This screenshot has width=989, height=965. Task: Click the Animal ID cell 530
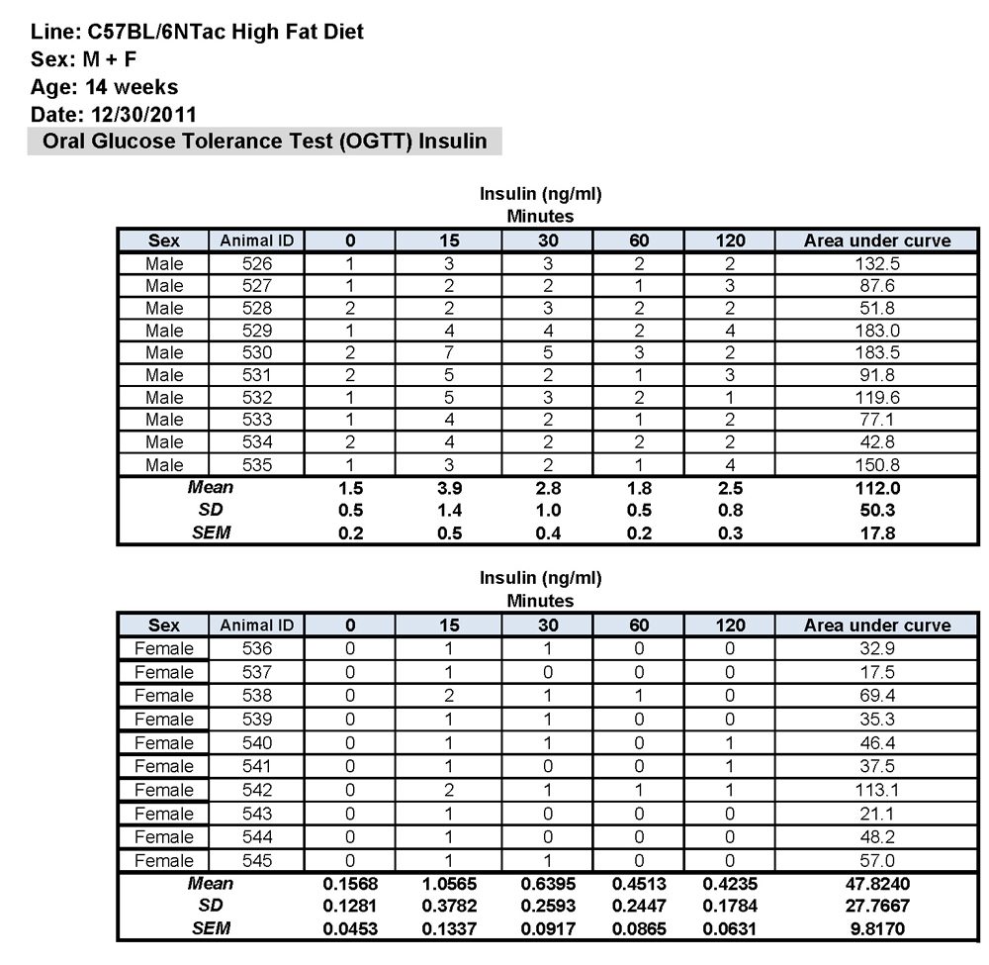[257, 352]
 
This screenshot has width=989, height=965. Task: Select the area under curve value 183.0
[877, 331]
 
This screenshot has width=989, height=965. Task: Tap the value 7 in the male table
[448, 352]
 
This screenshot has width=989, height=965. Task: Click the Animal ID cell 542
[257, 790]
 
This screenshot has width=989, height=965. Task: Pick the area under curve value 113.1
[877, 790]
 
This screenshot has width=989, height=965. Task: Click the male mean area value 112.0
[877, 487]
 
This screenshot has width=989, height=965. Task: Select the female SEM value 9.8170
[877, 928]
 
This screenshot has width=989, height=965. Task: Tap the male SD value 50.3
[877, 510]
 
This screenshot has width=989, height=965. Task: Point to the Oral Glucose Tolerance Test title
[264, 141]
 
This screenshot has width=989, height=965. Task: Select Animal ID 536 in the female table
[257, 649]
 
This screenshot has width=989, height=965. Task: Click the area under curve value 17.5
[877, 672]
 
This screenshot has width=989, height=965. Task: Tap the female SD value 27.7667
[877, 906]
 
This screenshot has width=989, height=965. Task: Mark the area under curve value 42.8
[877, 441]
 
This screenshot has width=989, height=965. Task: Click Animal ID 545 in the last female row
[257, 860]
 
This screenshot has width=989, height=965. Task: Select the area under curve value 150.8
[877, 464]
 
